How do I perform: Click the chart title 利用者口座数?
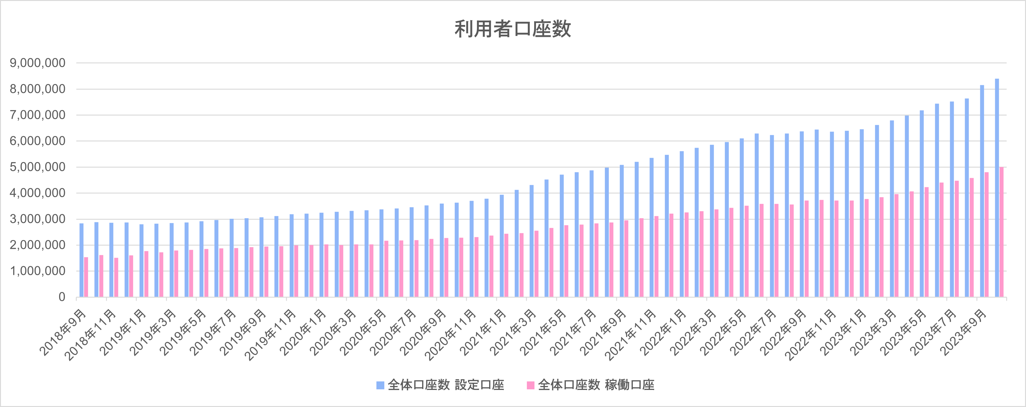click(x=513, y=29)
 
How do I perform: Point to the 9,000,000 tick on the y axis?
click(x=37, y=63)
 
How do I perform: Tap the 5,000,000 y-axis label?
click(x=37, y=167)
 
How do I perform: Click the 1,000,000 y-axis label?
click(x=37, y=271)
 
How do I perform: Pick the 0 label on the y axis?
click(x=62, y=297)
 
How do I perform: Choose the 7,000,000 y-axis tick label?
click(x=37, y=115)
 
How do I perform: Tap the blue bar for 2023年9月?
click(x=982, y=191)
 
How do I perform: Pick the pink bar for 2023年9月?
click(x=987, y=235)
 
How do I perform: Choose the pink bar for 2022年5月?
click(x=746, y=251)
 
